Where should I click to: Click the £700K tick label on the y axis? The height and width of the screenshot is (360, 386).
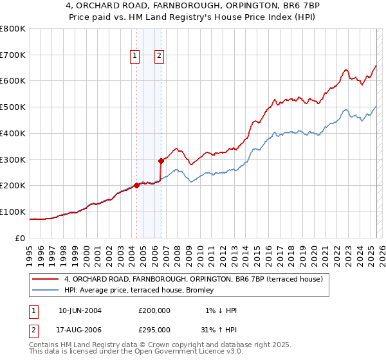coord(12,55)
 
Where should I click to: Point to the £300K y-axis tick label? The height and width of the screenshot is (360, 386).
coord(12,159)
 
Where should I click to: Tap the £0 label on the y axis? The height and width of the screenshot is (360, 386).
coord(21,238)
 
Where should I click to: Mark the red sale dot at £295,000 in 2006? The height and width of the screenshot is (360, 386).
coord(161,161)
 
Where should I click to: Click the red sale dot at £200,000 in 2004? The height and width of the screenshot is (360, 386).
coord(136,185)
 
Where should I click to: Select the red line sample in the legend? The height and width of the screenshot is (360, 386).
coord(46,279)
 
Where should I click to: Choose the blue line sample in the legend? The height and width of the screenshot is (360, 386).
coord(46,291)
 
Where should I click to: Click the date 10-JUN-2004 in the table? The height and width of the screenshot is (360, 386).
coord(80,310)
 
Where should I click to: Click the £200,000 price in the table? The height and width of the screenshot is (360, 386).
coord(154,310)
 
